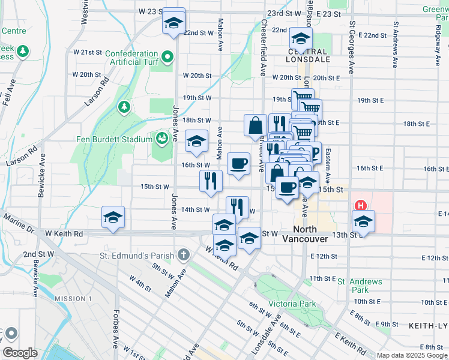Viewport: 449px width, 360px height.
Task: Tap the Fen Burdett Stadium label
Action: (114, 140)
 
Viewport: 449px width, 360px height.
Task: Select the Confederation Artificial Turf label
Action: (131, 58)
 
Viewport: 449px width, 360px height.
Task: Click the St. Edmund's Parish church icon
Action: (184, 256)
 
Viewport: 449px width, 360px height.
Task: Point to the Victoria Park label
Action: (292, 304)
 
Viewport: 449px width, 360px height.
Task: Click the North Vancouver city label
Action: (310, 234)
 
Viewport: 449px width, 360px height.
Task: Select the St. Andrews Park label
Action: (359, 286)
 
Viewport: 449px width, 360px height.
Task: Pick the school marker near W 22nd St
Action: (173, 22)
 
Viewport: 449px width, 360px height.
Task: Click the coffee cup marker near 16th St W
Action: (238, 163)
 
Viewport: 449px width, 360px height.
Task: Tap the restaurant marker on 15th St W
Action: (211, 181)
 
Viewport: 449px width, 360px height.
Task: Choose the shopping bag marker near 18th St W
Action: (255, 125)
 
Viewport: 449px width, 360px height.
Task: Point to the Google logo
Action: (20, 353)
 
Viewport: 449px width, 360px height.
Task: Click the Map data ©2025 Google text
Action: (412, 355)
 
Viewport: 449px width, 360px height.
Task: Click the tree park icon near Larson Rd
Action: (124, 107)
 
